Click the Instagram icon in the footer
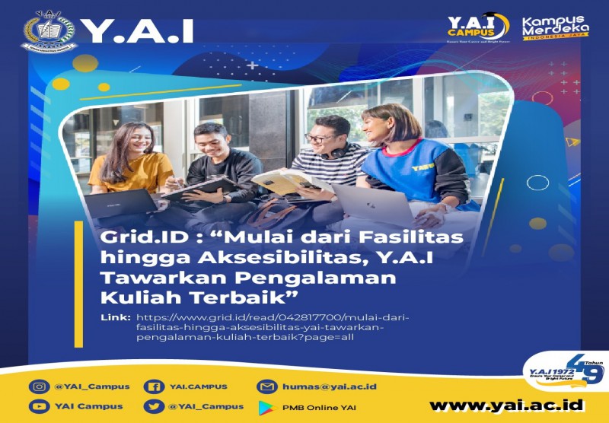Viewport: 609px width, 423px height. pos(39,386)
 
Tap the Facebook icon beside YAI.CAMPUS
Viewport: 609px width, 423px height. pos(155,386)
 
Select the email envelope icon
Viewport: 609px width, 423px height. pos(266,386)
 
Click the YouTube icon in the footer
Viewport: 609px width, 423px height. pos(39,406)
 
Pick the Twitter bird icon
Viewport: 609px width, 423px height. pos(155,406)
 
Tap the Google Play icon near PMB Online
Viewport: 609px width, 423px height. pos(266,406)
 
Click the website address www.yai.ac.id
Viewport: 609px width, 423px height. pos(506,405)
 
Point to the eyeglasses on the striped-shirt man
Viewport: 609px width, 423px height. pos(317,138)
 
